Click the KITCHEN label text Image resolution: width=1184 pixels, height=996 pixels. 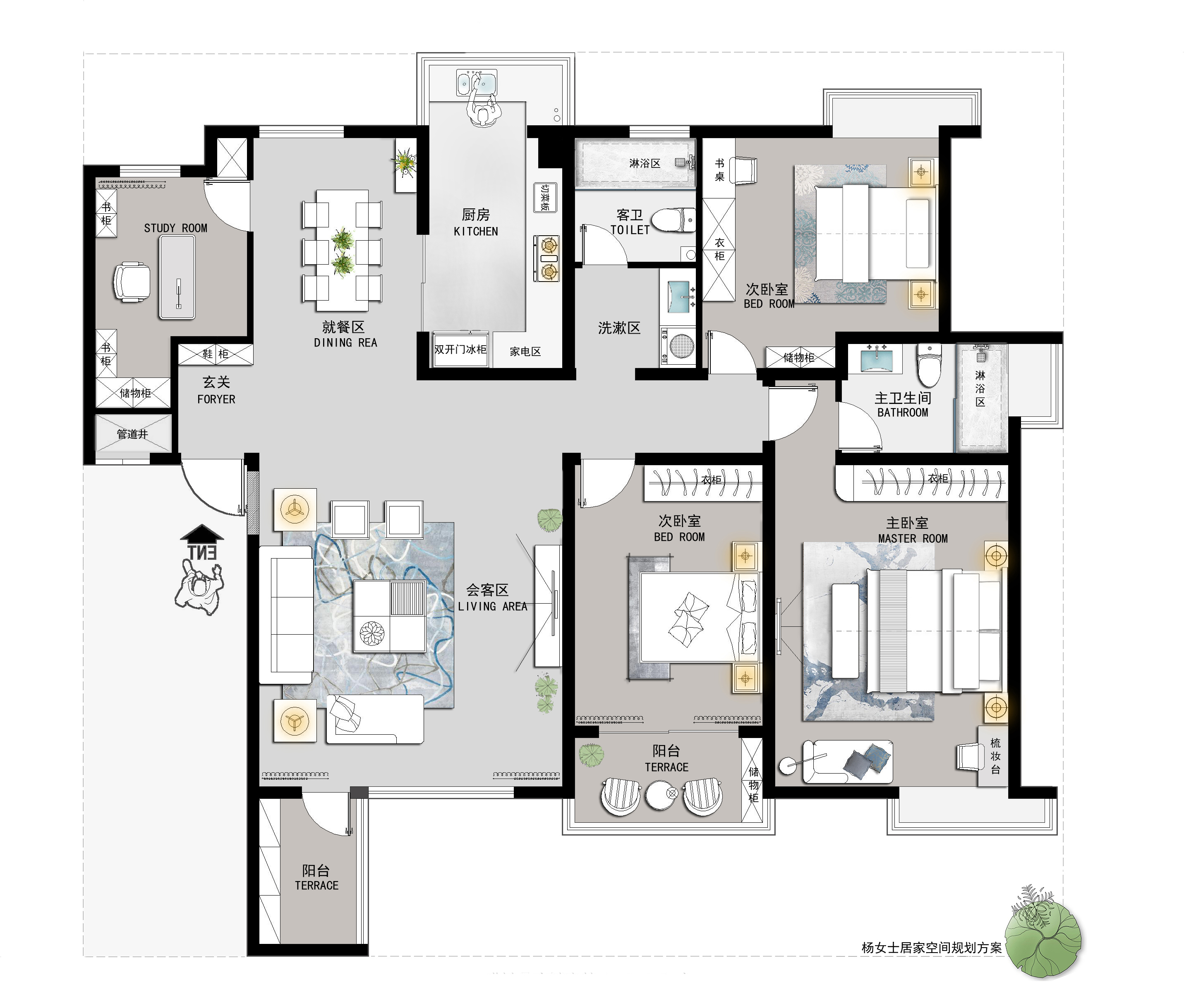coord(476,232)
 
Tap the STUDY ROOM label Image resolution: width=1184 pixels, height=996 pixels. coord(176,228)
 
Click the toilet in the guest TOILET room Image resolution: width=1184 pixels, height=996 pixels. coord(674,219)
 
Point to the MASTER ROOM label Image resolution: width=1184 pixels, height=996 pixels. coord(913,539)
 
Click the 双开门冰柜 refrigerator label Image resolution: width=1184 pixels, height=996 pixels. coord(460,349)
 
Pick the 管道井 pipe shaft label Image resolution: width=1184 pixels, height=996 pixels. coord(132,434)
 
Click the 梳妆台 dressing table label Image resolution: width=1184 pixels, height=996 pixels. coord(995,756)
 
